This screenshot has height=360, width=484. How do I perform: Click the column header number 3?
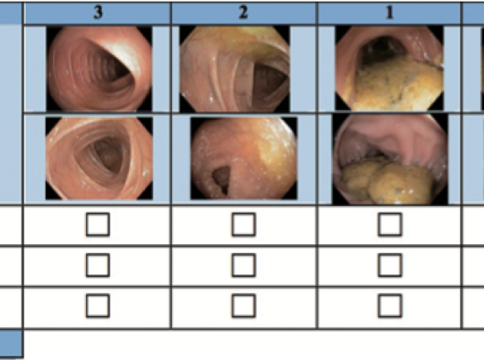(98, 13)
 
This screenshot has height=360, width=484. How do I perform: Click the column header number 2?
(243, 13)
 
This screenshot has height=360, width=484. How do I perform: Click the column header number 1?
(390, 13)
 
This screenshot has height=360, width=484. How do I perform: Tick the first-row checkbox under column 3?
(98, 224)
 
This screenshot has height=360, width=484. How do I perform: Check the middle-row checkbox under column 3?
(98, 265)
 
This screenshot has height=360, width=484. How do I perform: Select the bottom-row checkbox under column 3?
(98, 306)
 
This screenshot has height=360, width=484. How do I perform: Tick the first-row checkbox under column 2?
(243, 224)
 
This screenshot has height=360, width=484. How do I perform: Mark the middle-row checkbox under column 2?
(243, 265)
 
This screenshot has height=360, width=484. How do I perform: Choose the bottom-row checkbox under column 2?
(243, 306)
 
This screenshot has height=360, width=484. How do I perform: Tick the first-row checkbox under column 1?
(390, 224)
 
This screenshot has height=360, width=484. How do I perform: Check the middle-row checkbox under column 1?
(390, 265)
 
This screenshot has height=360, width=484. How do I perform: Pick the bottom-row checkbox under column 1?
(390, 306)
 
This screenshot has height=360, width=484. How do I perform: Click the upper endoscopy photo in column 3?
(99, 69)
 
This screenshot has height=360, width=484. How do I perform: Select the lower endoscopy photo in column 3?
(99, 158)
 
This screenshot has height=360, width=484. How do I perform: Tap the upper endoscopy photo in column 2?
(235, 69)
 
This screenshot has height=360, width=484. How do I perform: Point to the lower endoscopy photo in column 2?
(244, 158)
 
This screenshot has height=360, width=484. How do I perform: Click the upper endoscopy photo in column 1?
(389, 68)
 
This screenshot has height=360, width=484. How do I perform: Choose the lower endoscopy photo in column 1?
(391, 160)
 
